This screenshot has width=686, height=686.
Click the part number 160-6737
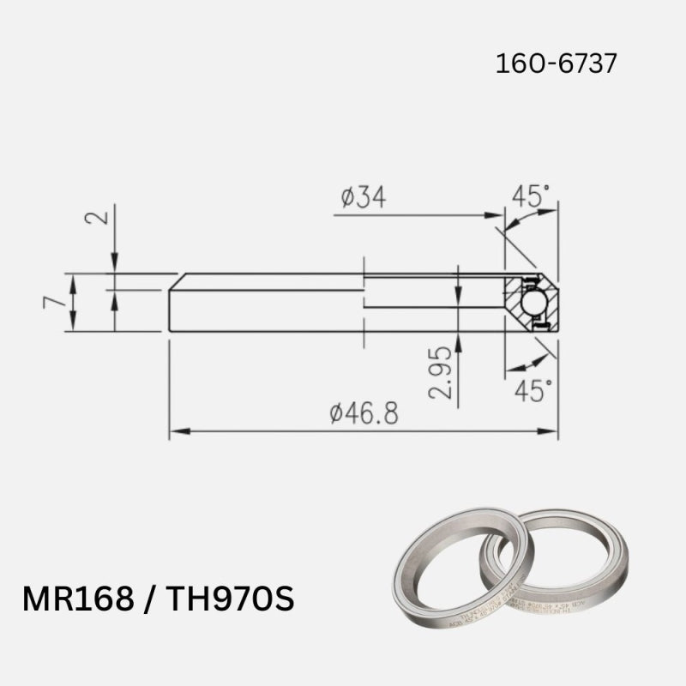click(556, 63)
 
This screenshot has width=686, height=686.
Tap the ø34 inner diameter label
click(363, 197)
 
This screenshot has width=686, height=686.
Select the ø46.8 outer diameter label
click(364, 414)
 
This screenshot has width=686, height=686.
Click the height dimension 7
click(53, 302)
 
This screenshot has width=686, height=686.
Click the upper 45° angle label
click(531, 196)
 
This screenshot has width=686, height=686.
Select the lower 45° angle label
click(532, 391)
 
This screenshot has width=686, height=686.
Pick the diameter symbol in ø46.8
click(337, 415)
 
